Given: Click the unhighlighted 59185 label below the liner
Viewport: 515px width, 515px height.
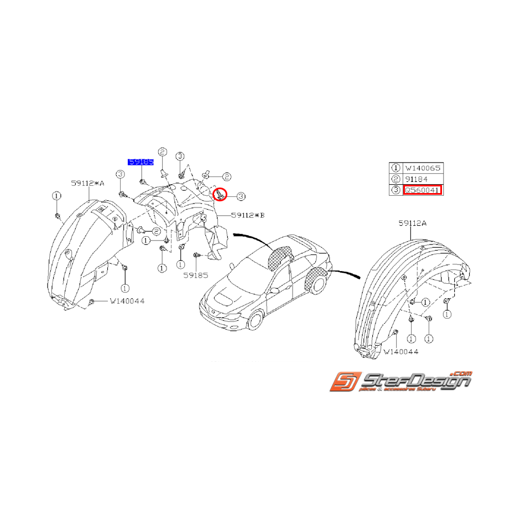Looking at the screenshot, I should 191,273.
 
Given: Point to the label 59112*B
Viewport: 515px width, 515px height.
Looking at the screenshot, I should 247,215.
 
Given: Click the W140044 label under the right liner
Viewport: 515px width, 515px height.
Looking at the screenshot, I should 400,351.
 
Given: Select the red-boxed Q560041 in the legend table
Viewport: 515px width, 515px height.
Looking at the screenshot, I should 423,190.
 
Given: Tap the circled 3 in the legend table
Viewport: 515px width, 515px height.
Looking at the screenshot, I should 396,190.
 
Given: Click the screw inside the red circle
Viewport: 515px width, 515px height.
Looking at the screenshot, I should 220,194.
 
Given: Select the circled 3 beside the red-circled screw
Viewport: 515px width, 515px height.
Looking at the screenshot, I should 241,195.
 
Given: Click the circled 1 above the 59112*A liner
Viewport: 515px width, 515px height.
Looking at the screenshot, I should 56,196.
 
